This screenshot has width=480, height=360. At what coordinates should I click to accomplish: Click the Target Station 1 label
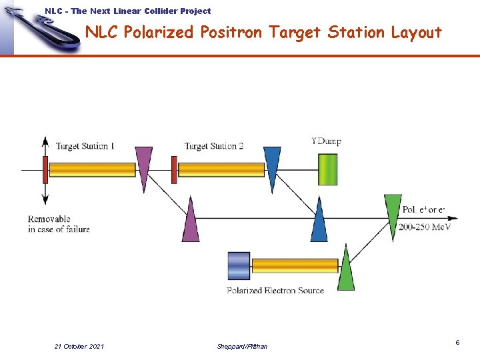pyautogui.click(x=85, y=146)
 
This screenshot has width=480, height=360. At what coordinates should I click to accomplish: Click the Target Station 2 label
pyautogui.click(x=214, y=146)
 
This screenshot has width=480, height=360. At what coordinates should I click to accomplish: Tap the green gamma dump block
pyautogui.click(x=327, y=169)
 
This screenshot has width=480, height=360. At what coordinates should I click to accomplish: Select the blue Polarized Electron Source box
pyautogui.click(x=238, y=265)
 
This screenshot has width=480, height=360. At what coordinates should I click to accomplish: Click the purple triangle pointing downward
pyautogui.click(x=143, y=165)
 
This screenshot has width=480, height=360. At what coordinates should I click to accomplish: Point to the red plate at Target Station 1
pyautogui.click(x=45, y=169)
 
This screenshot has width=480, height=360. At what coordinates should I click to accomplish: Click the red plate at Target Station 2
pyautogui.click(x=174, y=169)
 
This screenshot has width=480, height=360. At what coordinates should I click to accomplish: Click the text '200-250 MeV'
pyautogui.click(x=425, y=227)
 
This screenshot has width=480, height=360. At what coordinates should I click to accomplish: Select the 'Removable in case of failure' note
pyautogui.click(x=59, y=224)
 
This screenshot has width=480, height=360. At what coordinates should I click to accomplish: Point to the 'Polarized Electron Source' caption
pyautogui.click(x=275, y=291)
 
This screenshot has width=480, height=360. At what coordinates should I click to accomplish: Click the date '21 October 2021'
pyautogui.click(x=79, y=346)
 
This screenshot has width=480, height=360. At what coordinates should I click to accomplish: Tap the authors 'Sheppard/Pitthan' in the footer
pyautogui.click(x=242, y=346)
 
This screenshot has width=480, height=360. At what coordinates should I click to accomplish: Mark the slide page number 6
pyautogui.click(x=457, y=342)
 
